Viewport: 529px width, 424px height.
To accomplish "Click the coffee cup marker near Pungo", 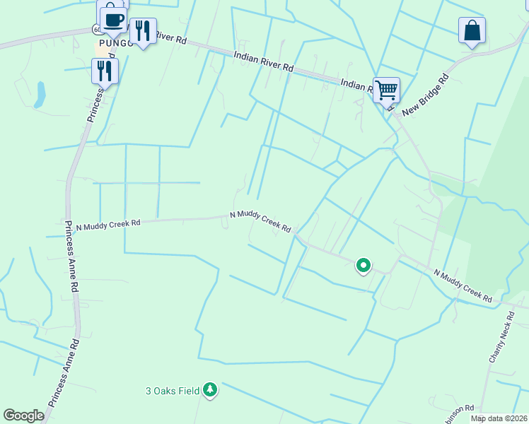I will (113, 20).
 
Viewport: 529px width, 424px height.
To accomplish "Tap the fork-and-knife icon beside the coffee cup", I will (144, 31).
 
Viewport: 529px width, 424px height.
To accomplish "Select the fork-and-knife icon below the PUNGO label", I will (105, 71).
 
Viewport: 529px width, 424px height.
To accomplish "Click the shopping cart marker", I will (386, 90).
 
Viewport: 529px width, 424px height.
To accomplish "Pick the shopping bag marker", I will (472, 31).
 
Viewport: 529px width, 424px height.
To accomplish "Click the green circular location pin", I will (364, 266).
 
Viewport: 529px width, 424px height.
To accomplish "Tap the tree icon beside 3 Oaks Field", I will (209, 389).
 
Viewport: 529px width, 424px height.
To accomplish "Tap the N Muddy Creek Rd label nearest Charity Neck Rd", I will (463, 285).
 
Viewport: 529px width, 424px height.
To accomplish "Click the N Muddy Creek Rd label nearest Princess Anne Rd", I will (108, 224).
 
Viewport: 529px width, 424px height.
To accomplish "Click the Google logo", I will (23, 416).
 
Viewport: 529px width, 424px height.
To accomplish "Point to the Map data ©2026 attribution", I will (499, 418).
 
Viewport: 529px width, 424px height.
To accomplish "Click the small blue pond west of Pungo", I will (40, 93).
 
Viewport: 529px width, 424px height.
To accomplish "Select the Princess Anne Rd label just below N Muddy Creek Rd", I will (71, 257).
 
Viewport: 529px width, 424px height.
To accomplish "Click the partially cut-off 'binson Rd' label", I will (460, 413).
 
